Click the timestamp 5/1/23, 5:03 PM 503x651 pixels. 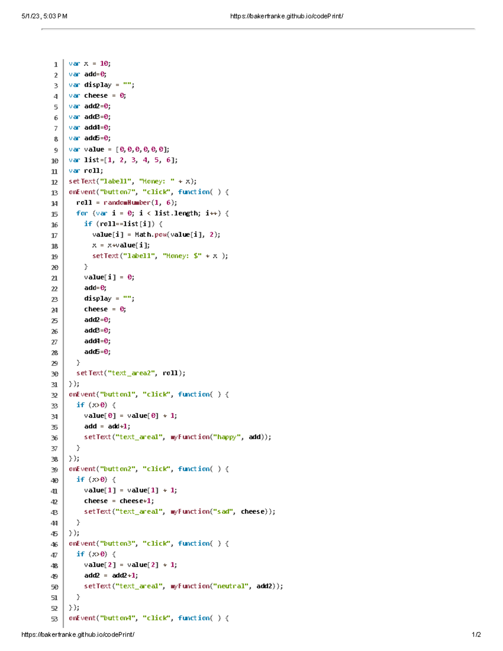(44, 16)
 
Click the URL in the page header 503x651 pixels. (287, 16)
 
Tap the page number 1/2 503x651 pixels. (476, 635)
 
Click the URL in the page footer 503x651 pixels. (78, 635)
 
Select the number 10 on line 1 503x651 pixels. (104, 64)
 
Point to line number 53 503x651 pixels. (54, 619)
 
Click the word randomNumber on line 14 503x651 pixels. (127, 202)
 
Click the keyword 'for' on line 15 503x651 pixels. (82, 213)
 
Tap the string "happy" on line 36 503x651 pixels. (227, 437)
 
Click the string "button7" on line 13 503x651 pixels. (117, 192)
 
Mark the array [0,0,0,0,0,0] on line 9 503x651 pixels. (143, 149)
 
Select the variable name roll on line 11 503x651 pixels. (92, 171)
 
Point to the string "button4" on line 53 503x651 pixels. (117, 618)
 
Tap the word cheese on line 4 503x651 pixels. (96, 96)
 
